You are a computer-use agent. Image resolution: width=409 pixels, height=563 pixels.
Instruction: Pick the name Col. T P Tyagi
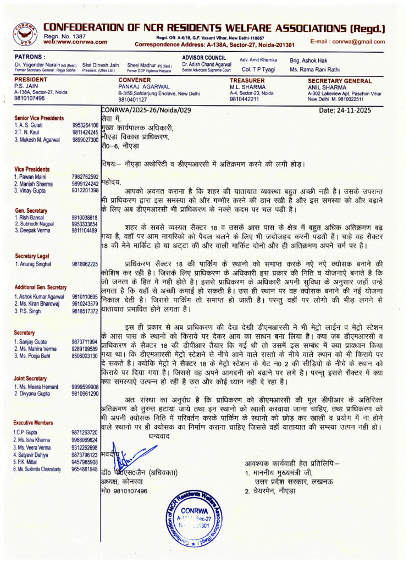tap(258, 69)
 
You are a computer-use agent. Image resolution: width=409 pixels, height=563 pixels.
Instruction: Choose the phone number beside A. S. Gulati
tap(85, 125)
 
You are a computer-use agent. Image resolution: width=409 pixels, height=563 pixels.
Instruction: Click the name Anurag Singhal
tap(37, 264)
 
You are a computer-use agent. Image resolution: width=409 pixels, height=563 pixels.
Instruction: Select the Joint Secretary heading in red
tap(31, 378)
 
